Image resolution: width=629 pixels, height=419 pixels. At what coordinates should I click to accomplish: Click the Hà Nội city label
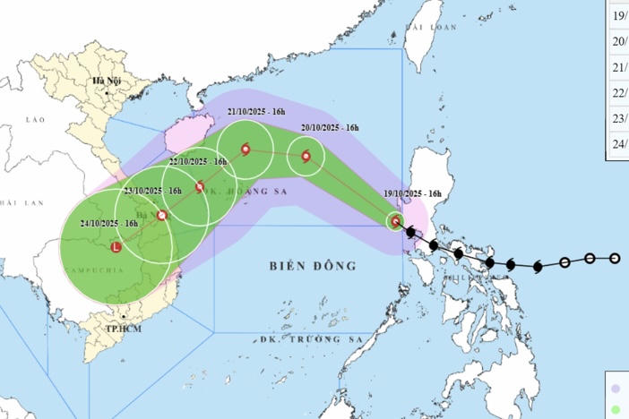pos(106,81)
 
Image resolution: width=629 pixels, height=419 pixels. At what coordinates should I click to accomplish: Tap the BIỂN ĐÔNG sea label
pos(312,266)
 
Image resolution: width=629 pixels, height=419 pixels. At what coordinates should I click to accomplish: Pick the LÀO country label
pos(35,119)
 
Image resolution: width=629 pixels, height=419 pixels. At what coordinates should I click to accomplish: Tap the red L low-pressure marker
pos(116,247)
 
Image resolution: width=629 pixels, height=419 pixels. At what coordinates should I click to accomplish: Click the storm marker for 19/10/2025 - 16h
pos(396,220)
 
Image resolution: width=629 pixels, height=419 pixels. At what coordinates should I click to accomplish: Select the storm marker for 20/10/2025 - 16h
pos(306,157)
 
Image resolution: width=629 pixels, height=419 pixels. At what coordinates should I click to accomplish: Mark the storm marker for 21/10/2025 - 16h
pos(245,149)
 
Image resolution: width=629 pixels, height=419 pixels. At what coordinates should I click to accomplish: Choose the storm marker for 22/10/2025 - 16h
pos(200,187)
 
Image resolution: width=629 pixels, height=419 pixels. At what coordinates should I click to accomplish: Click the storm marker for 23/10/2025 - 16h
pos(161,215)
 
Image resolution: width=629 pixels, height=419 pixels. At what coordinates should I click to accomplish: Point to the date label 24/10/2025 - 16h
pos(108,224)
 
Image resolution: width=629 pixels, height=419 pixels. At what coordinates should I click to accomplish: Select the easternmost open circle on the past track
pos(615,259)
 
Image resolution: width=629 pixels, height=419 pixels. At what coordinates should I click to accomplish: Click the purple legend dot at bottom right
pos(615,389)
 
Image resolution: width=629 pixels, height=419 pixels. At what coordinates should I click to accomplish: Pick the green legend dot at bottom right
pos(615,409)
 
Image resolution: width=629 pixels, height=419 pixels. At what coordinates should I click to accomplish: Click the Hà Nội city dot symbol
pos(106,92)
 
